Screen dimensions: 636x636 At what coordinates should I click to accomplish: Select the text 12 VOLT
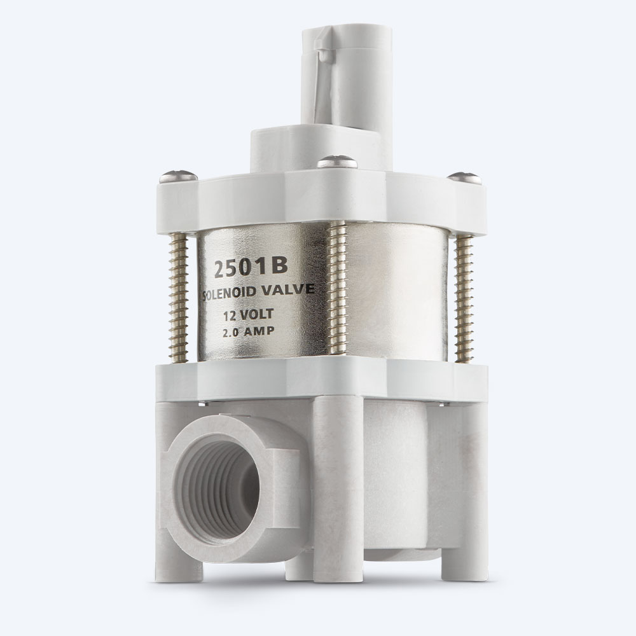tap(249, 314)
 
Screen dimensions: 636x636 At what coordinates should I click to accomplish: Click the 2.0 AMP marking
tap(248, 332)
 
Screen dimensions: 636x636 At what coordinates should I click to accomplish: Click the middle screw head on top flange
tap(337, 162)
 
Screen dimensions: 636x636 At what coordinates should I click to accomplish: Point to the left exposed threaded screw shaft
tap(179, 298)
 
